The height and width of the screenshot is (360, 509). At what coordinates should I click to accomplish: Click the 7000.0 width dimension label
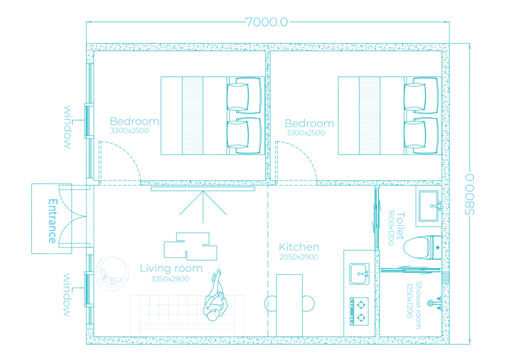click(266, 22)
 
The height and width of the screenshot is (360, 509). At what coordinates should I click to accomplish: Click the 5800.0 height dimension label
click(470, 194)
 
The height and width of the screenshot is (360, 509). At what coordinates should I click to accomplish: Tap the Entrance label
click(52, 221)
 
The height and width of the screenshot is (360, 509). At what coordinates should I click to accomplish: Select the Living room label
click(171, 269)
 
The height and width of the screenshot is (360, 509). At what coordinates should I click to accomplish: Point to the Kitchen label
click(299, 247)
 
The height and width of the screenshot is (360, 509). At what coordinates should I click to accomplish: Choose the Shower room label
click(418, 305)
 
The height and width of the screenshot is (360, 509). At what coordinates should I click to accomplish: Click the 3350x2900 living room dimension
click(170, 279)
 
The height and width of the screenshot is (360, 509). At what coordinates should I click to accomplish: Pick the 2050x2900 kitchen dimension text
click(299, 257)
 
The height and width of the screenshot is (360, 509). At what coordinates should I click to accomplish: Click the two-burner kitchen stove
click(359, 309)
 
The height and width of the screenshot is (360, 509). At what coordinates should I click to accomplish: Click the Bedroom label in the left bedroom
click(134, 121)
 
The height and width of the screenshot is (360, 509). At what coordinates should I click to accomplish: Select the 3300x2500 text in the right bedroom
click(306, 133)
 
